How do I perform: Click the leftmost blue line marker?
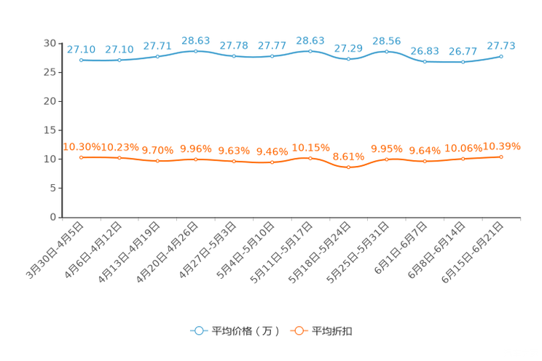pos(81,60)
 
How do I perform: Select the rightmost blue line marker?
pos(501,56)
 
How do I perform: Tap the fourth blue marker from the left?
pos(195,51)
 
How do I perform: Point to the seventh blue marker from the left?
pos(310,51)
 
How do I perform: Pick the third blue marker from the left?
pos(157,56)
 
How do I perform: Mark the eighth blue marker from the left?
pos(348,59)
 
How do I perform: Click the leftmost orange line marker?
pos(81,157)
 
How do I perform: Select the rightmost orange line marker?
pos(501,156)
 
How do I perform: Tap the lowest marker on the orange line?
pos(348,167)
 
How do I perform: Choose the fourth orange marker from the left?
pos(195,159)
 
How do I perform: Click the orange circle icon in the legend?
pos(299,330)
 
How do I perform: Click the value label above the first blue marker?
pos(81,49)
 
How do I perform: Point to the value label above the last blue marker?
pos(501,45)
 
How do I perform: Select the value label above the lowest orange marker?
pos(348,156)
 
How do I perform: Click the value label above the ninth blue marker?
pos(386,40)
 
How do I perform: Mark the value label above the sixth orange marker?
pos(272,151)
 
